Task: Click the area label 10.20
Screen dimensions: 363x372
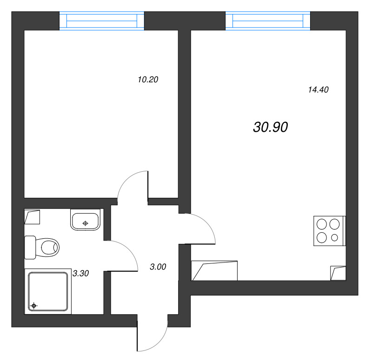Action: [148, 80]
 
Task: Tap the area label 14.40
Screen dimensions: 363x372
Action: [318, 90]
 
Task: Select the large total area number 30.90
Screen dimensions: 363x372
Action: [271, 127]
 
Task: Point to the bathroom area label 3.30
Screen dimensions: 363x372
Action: [80, 274]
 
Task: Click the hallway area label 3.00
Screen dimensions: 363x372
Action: [158, 267]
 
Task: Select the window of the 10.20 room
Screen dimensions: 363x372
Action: [102, 21]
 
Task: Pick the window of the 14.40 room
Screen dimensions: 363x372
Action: [268, 21]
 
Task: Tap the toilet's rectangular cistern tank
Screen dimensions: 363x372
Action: [30, 247]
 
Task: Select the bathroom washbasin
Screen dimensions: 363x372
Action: [85, 220]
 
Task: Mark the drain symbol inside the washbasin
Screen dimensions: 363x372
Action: [85, 223]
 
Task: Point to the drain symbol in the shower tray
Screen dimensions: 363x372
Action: [34, 306]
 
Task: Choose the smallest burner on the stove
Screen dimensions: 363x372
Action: [335, 238]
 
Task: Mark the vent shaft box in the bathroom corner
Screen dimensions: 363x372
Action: [32, 217]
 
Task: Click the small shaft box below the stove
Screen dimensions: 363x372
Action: [338, 273]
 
